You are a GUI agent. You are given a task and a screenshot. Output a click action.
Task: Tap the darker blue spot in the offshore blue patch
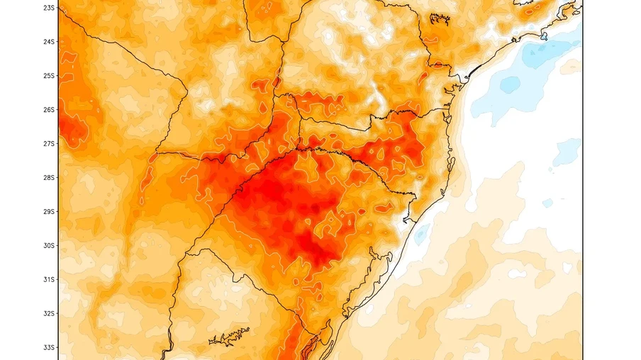(510, 84)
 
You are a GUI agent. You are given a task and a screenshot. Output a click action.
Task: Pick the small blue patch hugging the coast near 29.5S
(422, 232)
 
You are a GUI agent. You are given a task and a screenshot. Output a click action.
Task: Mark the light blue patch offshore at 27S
(567, 151)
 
